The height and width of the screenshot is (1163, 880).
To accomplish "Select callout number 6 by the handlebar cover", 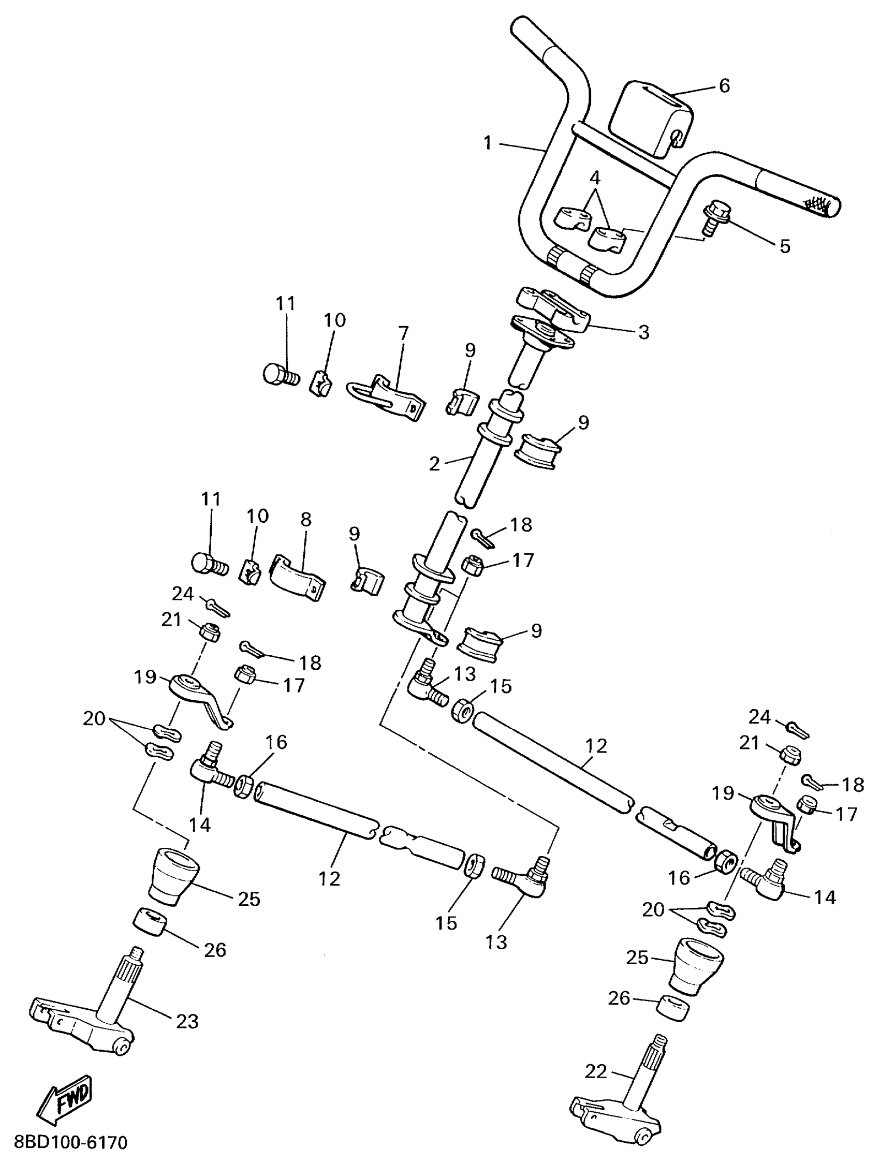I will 724,85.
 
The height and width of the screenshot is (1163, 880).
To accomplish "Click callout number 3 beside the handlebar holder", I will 643,332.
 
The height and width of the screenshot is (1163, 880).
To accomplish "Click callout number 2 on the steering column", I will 434,464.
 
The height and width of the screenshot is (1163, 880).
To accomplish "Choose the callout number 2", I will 434,464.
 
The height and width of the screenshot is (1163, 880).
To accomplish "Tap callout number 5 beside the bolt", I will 784,245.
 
